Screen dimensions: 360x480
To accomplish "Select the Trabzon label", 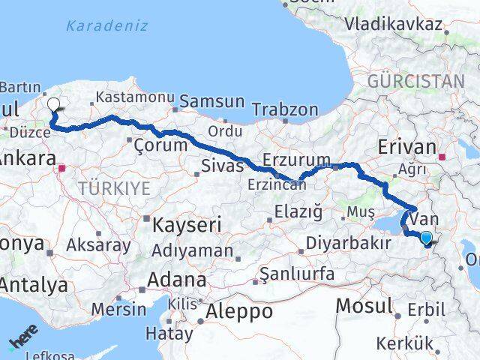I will coord(286,109).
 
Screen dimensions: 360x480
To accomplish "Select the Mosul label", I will coord(364,305).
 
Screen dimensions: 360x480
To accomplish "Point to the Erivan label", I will coord(407,147).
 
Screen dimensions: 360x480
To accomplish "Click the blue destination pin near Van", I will coord(426,238).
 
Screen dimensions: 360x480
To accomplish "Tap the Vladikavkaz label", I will coord(391,23).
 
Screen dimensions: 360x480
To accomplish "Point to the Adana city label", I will coord(177,281).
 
